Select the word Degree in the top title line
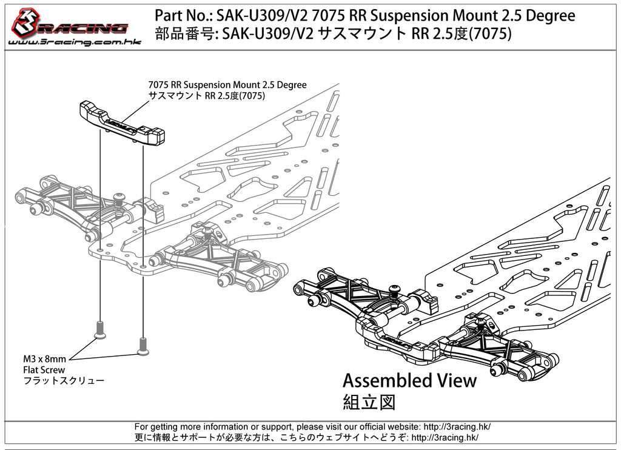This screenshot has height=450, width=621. [x=548, y=15]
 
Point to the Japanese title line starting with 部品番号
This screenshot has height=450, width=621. [x=333, y=34]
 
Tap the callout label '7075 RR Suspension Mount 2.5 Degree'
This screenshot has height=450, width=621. [x=227, y=85]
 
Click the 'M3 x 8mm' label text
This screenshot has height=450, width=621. [x=45, y=359]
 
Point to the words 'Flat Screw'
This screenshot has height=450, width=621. [x=44, y=369]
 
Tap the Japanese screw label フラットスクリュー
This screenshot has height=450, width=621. [x=64, y=381]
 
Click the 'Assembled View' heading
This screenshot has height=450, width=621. [x=409, y=381]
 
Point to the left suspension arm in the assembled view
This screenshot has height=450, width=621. [x=340, y=291]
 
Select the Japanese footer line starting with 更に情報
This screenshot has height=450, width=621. [x=306, y=437]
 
